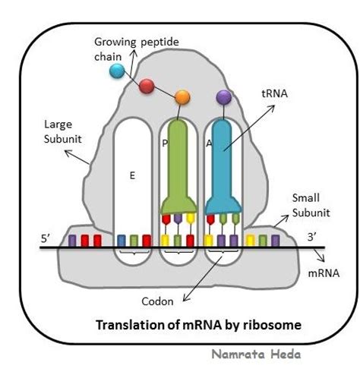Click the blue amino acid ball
tap(117, 71)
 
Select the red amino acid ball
tap(147, 86)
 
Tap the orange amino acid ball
tap(182, 97)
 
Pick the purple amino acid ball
tap(224, 97)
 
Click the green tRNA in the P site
tap(178, 167)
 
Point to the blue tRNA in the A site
tap(223, 167)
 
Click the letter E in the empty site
tap(132, 175)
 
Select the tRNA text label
tap(274, 93)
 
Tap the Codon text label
tap(157, 301)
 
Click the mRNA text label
tap(324, 273)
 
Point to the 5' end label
tap(46, 238)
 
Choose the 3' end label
tap(312, 238)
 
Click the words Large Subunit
tap(63, 132)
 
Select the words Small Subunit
tap(311, 205)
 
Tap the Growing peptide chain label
tap(136, 49)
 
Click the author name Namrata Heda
tap(256, 355)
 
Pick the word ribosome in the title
tap(273, 325)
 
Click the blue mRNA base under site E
tap(122, 241)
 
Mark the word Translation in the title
tap(130, 325)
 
